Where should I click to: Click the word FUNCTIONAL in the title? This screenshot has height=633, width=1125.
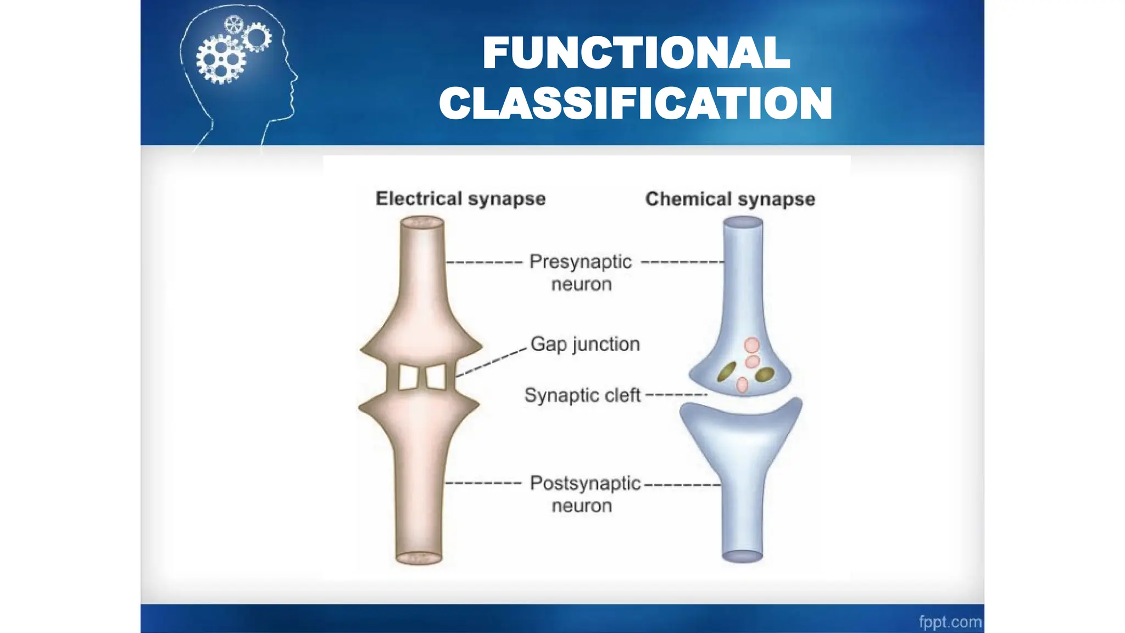[636, 53]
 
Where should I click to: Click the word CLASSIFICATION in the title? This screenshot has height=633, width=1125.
[636, 104]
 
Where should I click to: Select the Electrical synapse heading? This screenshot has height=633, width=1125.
[460, 198]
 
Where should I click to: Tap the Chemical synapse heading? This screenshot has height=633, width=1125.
[730, 199]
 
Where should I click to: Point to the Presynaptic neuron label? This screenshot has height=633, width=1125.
[581, 273]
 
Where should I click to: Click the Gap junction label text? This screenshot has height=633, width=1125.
[585, 344]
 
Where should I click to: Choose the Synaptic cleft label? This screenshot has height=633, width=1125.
[582, 395]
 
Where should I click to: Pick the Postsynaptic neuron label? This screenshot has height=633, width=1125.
[584, 494]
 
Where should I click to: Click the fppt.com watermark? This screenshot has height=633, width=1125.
[950, 622]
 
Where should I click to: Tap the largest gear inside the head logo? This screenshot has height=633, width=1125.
[221, 59]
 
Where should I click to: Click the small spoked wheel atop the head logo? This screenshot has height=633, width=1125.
[234, 24]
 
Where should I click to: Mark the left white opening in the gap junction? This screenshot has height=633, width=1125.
[408, 377]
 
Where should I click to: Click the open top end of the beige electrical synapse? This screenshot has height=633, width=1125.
[422, 222]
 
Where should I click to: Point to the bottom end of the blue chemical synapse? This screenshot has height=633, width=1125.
[742, 556]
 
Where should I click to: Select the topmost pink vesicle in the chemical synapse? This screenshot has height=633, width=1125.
[751, 345]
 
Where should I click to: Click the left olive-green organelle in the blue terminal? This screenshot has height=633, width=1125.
[727, 372]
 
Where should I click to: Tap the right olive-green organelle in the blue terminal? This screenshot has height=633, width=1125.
[764, 375]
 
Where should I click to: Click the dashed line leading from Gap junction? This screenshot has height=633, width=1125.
[491, 362]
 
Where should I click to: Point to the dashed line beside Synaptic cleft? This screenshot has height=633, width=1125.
[676, 395]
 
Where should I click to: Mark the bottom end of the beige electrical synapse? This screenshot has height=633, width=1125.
[419, 558]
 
